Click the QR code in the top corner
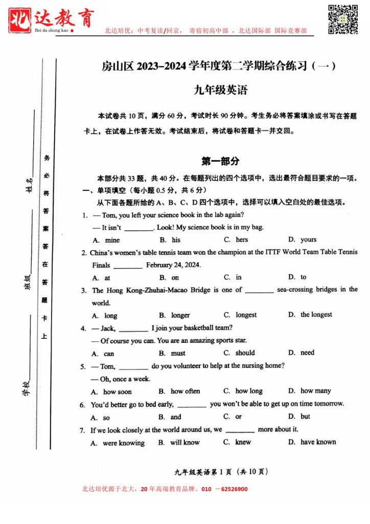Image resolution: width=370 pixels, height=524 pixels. point(342,19)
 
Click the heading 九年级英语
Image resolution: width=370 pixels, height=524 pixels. point(221,91)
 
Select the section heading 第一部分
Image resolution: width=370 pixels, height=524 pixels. point(220,161)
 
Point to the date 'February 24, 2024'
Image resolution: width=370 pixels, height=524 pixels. point(173,265)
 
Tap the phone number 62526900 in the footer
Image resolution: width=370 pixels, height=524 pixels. point(231,489)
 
